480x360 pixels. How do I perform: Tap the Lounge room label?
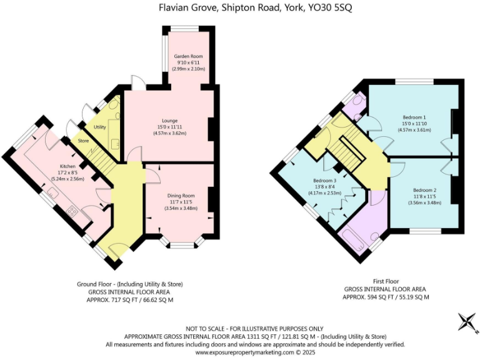[x=169, y=121]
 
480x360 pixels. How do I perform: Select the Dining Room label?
[x=181, y=195]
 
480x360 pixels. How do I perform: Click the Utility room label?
[x=100, y=127]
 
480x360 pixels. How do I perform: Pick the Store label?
[x=84, y=141]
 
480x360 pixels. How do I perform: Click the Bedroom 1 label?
[x=414, y=117]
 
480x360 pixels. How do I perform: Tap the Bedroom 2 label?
[x=424, y=189]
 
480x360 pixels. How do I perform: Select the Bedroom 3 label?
[x=324, y=181]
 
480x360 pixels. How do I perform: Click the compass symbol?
[x=466, y=322]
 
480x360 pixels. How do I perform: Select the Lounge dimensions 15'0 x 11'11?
[x=169, y=127]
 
